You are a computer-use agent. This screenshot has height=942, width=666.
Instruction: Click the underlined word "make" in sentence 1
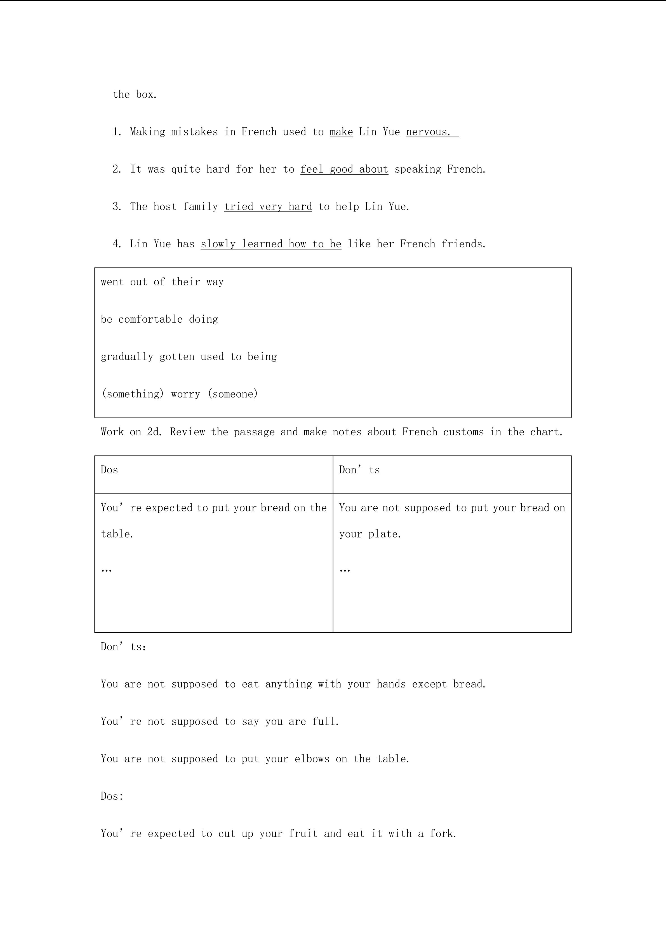pos(341,132)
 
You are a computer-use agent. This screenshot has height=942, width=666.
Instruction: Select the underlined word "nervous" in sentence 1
pos(428,132)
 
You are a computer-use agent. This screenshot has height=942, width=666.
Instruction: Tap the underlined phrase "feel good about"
pos(344,169)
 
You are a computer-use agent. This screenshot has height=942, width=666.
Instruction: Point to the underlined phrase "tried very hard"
pos(268,206)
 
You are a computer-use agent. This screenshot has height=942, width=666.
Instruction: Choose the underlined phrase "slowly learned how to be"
pos(271,244)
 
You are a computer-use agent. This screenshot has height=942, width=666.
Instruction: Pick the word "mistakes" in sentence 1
pos(194,132)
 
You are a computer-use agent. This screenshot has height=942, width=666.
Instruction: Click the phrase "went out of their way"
pos(162,282)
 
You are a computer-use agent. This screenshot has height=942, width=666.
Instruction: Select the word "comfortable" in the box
pos(150,319)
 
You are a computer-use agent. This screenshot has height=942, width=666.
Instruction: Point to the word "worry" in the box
pos(186,394)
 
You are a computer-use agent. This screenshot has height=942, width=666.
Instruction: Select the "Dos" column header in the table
pos(109,470)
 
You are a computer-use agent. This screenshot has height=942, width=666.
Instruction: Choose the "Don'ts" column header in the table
pos(359,470)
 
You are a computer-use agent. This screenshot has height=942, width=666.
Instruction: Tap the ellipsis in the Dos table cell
pos(107,570)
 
